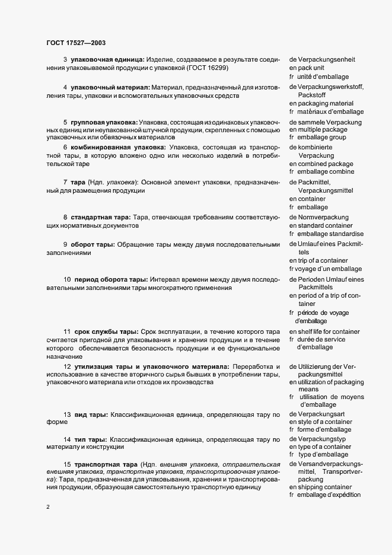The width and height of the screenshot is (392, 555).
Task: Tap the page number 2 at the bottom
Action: pos(47,507)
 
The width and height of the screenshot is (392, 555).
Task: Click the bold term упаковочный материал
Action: pos(106,87)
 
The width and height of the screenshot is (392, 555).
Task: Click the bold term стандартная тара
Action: pos(101,218)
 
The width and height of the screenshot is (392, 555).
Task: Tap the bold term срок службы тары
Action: pos(104,331)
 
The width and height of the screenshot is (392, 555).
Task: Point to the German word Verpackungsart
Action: pos(323,413)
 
